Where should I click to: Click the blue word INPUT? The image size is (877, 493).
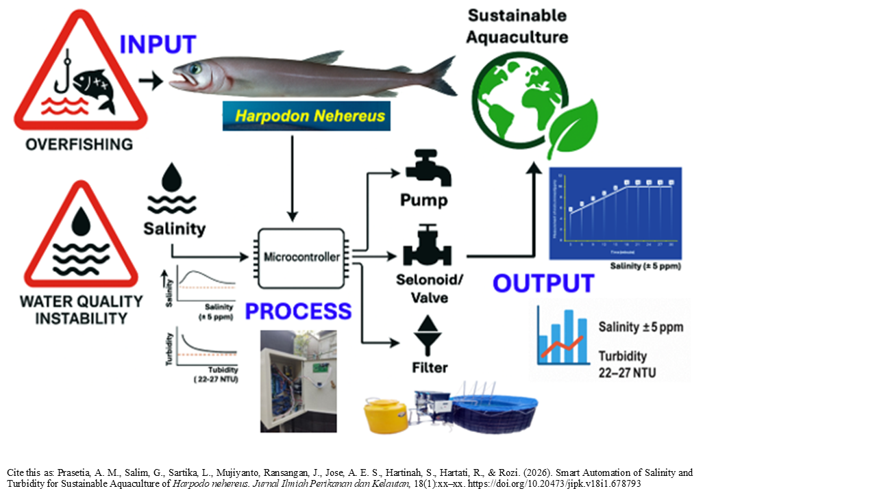(158, 44)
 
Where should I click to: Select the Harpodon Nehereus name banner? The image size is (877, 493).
(306, 116)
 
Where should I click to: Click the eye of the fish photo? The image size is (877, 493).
(197, 68)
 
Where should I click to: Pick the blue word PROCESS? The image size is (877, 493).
(298, 312)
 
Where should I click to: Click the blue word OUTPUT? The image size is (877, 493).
(543, 283)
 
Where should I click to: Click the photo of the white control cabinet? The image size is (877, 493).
(298, 381)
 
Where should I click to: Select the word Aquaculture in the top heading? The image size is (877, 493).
(518, 37)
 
